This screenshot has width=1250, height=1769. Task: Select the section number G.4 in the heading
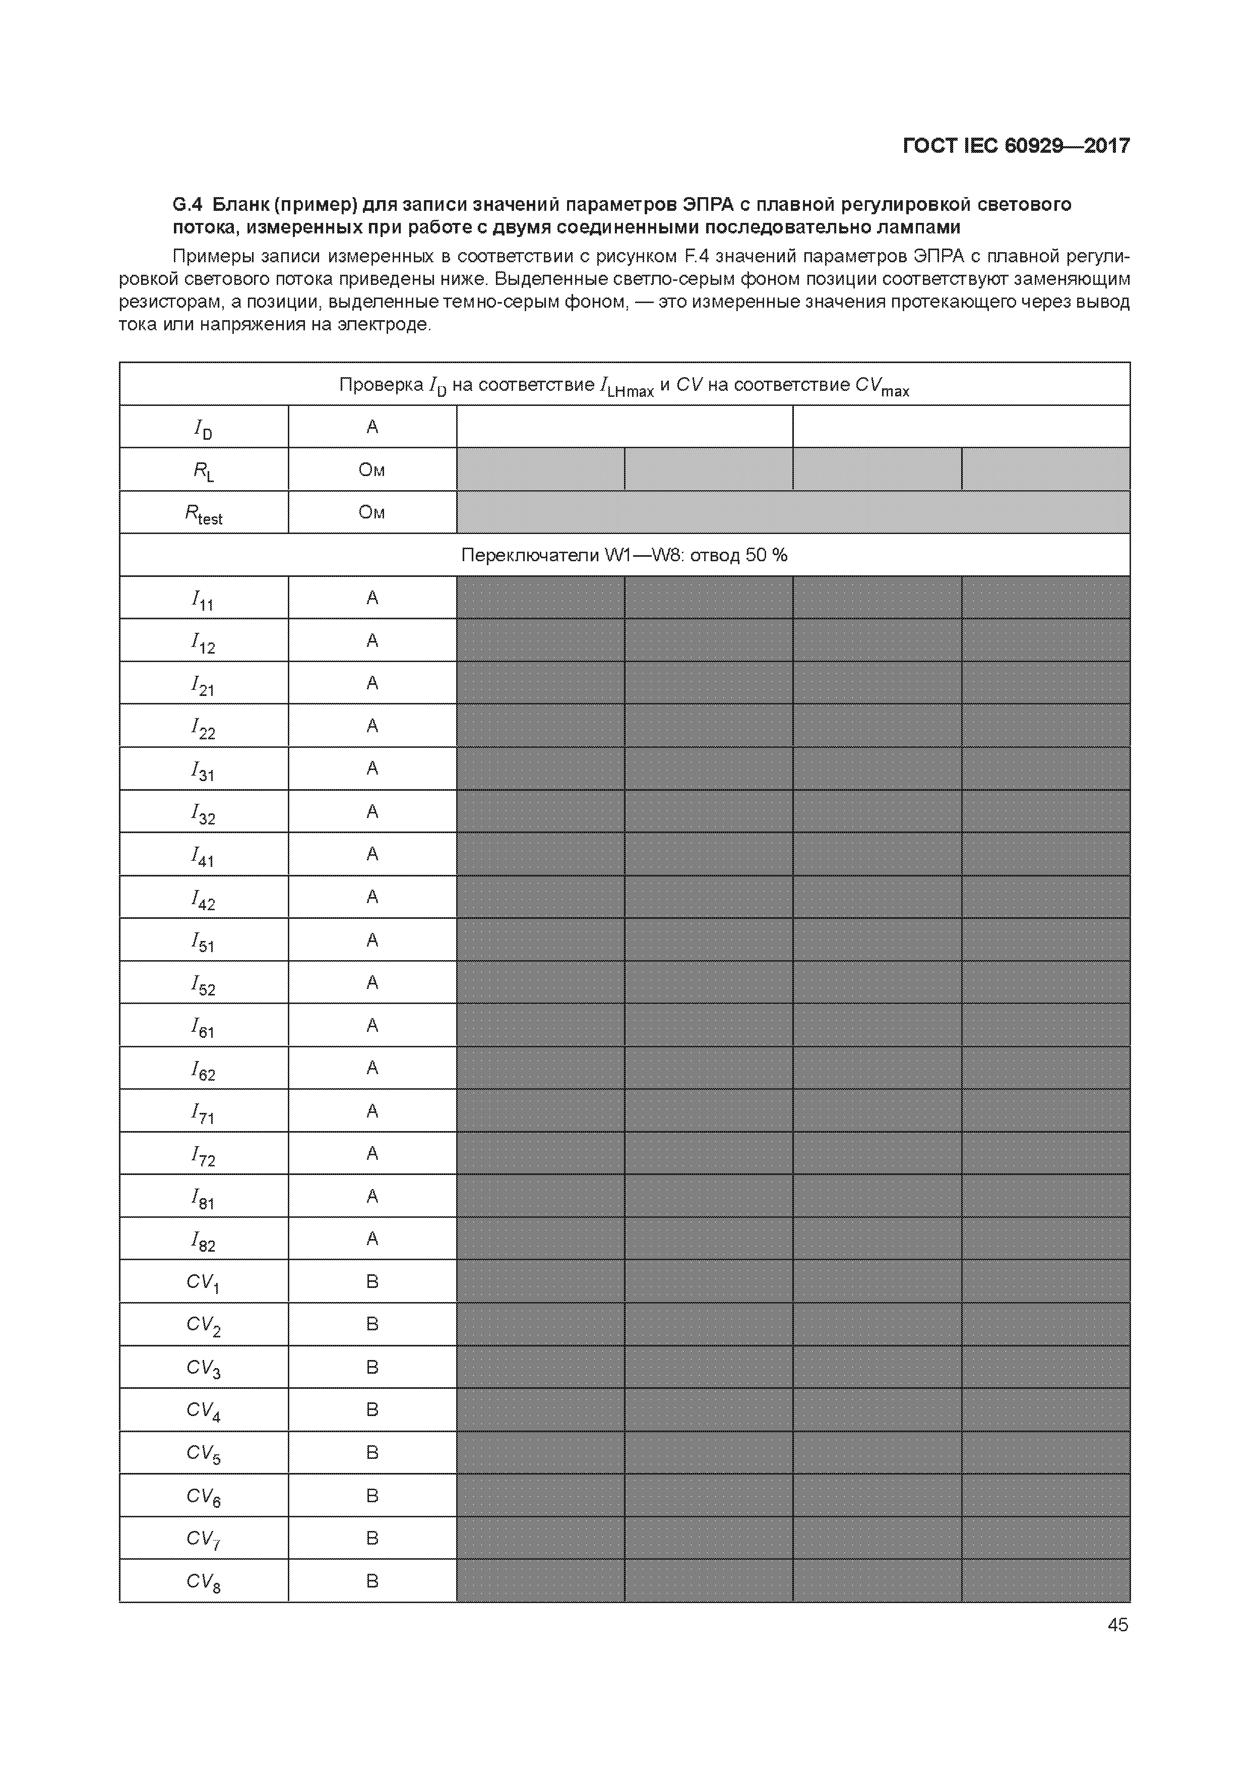pyautogui.click(x=187, y=205)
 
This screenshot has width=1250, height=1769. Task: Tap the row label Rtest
pyautogui.click(x=203, y=514)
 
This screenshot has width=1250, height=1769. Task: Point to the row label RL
pyautogui.click(x=203, y=471)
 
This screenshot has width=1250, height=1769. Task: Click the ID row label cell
pyautogui.click(x=203, y=428)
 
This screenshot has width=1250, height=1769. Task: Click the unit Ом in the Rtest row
pyautogui.click(x=372, y=512)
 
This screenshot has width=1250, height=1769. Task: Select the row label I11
pyautogui.click(x=203, y=600)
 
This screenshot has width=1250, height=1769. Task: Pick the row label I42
pyautogui.click(x=203, y=899)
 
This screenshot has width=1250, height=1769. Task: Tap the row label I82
pyautogui.click(x=203, y=1241)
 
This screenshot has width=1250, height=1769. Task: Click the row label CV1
pyautogui.click(x=203, y=1283)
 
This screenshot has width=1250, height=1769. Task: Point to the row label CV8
pyautogui.click(x=203, y=1582)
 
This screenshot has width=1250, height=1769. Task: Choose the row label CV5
pyautogui.click(x=203, y=1454)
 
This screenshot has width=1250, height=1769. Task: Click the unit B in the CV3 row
pyautogui.click(x=372, y=1368)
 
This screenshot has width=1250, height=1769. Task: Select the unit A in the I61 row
pyautogui.click(x=372, y=1026)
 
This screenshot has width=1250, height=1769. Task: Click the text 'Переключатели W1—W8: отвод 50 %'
pyautogui.click(x=624, y=556)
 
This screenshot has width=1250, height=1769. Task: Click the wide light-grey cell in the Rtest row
pyautogui.click(x=793, y=512)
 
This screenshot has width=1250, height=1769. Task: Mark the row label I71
pyautogui.click(x=203, y=1112)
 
